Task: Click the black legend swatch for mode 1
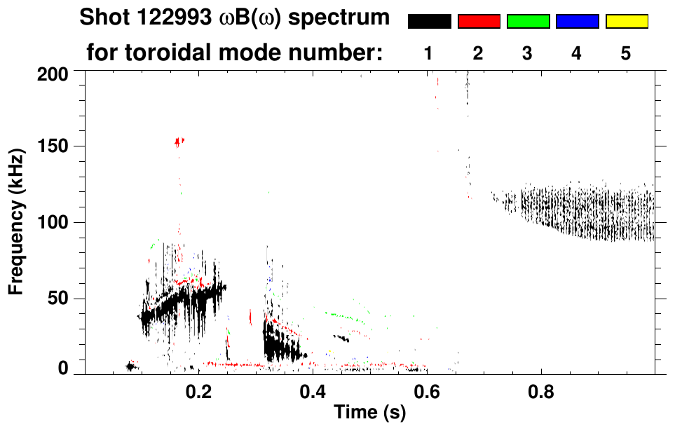[429, 22]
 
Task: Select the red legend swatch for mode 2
[479, 22]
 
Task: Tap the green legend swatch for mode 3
[528, 22]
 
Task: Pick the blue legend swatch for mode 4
[577, 22]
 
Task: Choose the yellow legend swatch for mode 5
[627, 22]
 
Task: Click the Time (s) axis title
[369, 413]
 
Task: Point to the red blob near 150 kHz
[179, 142]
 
